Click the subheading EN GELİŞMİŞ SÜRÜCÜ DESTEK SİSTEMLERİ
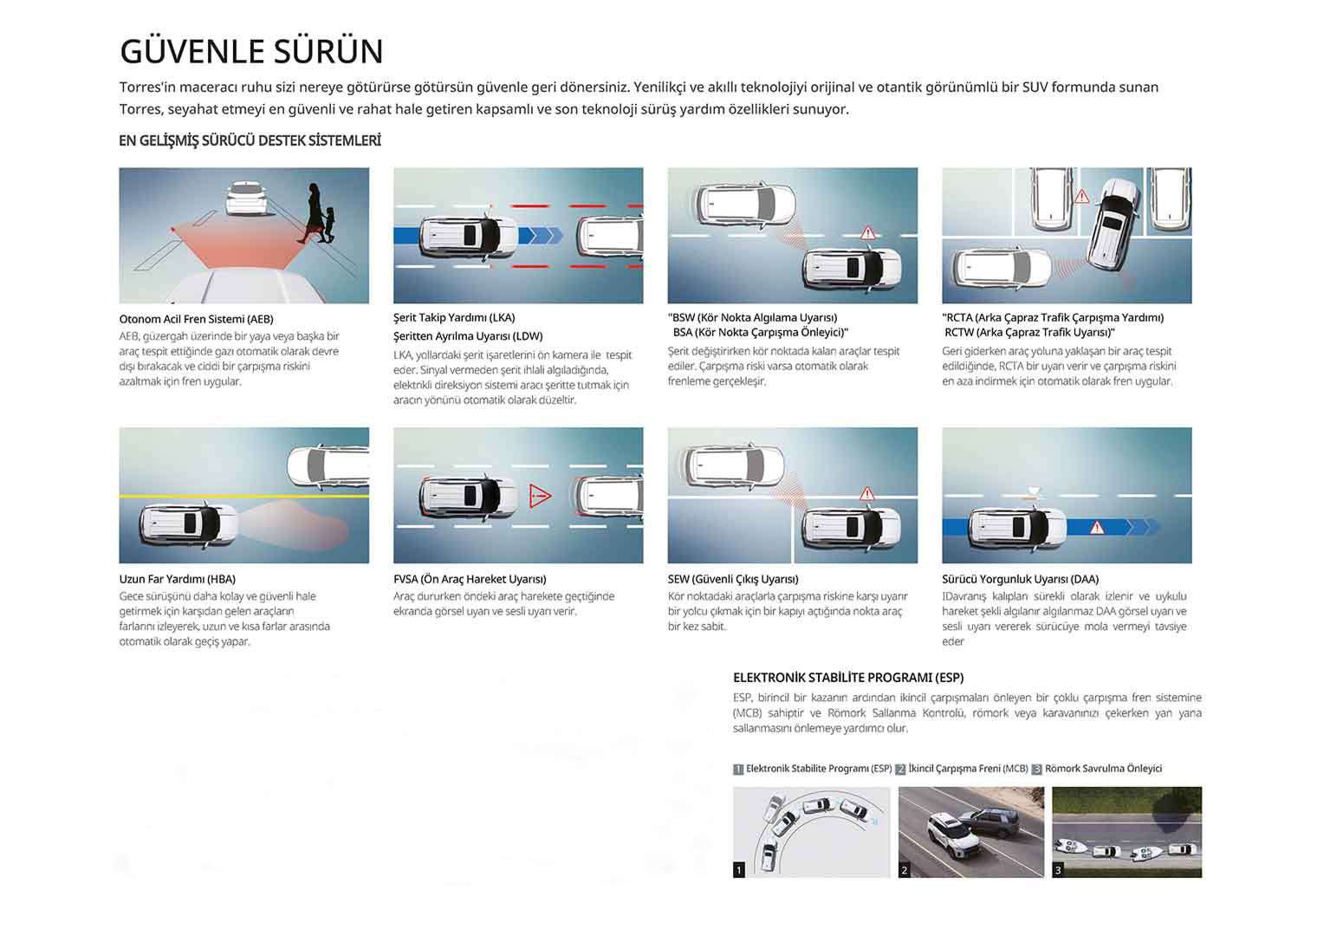250,140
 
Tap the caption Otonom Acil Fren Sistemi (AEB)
197,319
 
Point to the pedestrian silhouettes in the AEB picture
317,213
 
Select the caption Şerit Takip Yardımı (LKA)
454,317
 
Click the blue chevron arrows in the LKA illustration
541,236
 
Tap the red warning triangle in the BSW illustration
868,233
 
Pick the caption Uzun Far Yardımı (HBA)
177,579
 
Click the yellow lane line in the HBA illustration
244,497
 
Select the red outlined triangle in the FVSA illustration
540,496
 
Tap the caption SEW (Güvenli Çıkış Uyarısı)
733,579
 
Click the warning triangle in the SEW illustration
867,492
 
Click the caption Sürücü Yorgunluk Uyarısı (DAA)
1020,579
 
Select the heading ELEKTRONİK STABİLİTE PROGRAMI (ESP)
848,678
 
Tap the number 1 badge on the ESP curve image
739,869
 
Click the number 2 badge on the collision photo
905,870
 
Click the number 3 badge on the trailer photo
1058,870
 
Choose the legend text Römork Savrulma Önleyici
1104,769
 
